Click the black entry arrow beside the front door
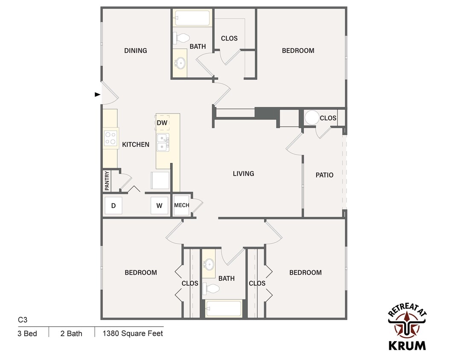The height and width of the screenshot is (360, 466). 97,94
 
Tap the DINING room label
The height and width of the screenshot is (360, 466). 136,50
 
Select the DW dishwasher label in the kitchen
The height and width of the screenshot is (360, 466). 162,123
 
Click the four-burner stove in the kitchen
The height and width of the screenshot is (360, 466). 111,138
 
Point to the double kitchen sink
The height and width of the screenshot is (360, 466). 163,142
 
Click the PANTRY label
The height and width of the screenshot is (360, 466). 107,180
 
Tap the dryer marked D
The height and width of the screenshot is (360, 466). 113,206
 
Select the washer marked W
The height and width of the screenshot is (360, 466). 159,206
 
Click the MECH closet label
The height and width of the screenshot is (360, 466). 182,205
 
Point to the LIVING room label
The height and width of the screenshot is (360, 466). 243,174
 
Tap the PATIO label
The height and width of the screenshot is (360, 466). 324,175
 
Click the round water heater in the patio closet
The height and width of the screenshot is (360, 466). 312,118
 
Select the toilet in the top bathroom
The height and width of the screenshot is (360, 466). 181,38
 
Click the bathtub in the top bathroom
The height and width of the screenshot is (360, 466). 192,18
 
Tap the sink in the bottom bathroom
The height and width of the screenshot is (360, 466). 209,264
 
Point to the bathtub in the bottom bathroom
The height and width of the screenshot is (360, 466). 224,309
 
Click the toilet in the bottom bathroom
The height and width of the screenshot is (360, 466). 211,288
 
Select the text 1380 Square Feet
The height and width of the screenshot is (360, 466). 133,333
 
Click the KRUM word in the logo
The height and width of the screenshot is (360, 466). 407,345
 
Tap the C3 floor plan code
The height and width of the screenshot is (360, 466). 23,319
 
